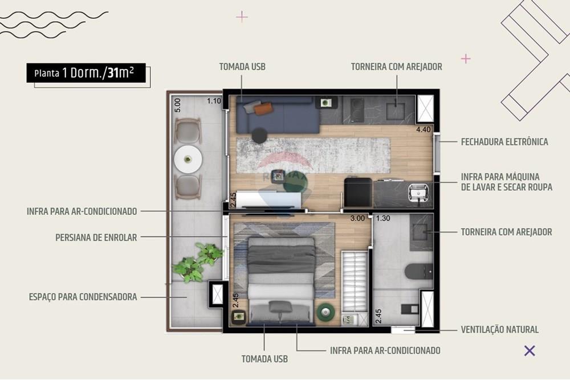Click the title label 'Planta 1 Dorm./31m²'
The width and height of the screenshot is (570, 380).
(x=85, y=73)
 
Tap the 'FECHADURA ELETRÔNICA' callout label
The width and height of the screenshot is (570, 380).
(x=504, y=142)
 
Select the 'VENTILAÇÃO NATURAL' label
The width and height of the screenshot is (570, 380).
(x=499, y=329)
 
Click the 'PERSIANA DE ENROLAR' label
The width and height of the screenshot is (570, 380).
(x=96, y=238)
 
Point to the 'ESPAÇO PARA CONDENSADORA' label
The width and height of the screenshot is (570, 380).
(x=83, y=297)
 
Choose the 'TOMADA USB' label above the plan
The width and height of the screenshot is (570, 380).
(x=242, y=67)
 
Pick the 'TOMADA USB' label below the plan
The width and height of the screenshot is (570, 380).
(x=264, y=359)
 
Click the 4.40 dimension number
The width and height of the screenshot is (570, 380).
(x=424, y=129)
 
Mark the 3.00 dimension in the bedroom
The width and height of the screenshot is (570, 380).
(x=357, y=218)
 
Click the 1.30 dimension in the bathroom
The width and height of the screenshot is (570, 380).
(x=383, y=218)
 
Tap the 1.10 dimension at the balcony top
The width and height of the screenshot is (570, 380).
(x=214, y=101)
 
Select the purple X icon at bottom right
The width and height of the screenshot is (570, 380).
(x=530, y=350)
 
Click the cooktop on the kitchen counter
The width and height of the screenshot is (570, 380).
(x=357, y=110)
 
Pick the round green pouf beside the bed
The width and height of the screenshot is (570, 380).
(x=326, y=311)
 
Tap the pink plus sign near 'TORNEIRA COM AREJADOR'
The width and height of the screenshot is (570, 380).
(x=466, y=59)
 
